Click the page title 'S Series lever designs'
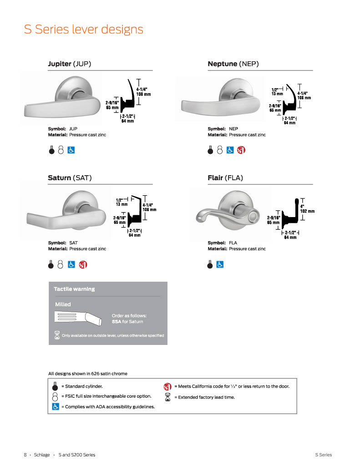click(x=83, y=30)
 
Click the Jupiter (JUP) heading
click(x=69, y=64)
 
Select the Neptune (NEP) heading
click(x=233, y=64)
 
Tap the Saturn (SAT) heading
click(x=70, y=177)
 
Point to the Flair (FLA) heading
click(x=225, y=177)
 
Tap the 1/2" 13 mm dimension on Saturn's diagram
click(x=121, y=202)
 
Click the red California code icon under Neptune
click(x=241, y=150)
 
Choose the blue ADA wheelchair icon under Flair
click(x=220, y=263)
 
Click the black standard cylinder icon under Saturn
click(x=52, y=263)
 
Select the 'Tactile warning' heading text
click(x=74, y=289)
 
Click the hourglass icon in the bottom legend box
click(x=167, y=397)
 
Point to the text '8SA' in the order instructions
click(x=117, y=322)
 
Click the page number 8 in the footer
click(x=25, y=455)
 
